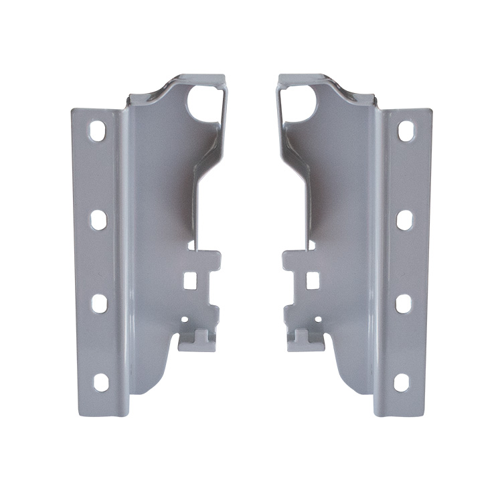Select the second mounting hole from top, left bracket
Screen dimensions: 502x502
coord(98,220)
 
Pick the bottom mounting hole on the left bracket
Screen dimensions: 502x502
coord(100,382)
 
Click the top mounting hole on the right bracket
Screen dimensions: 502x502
coord(406,130)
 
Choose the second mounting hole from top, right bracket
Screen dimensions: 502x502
coord(404,220)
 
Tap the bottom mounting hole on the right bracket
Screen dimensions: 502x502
coord(401,382)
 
